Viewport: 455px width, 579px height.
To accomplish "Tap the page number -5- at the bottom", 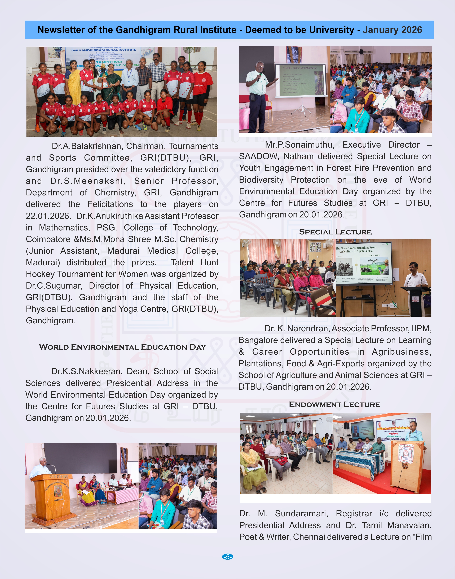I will click(228, 557).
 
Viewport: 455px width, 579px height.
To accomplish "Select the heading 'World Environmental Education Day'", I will click(122, 347).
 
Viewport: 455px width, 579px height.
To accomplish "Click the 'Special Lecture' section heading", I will click(335, 232).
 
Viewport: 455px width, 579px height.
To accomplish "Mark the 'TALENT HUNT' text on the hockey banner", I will click(109, 62).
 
